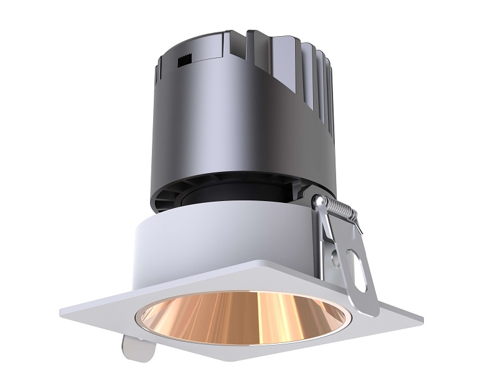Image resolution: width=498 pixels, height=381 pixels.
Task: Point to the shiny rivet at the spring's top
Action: point(319,202)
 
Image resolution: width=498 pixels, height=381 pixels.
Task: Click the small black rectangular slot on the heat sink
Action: point(184,61)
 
